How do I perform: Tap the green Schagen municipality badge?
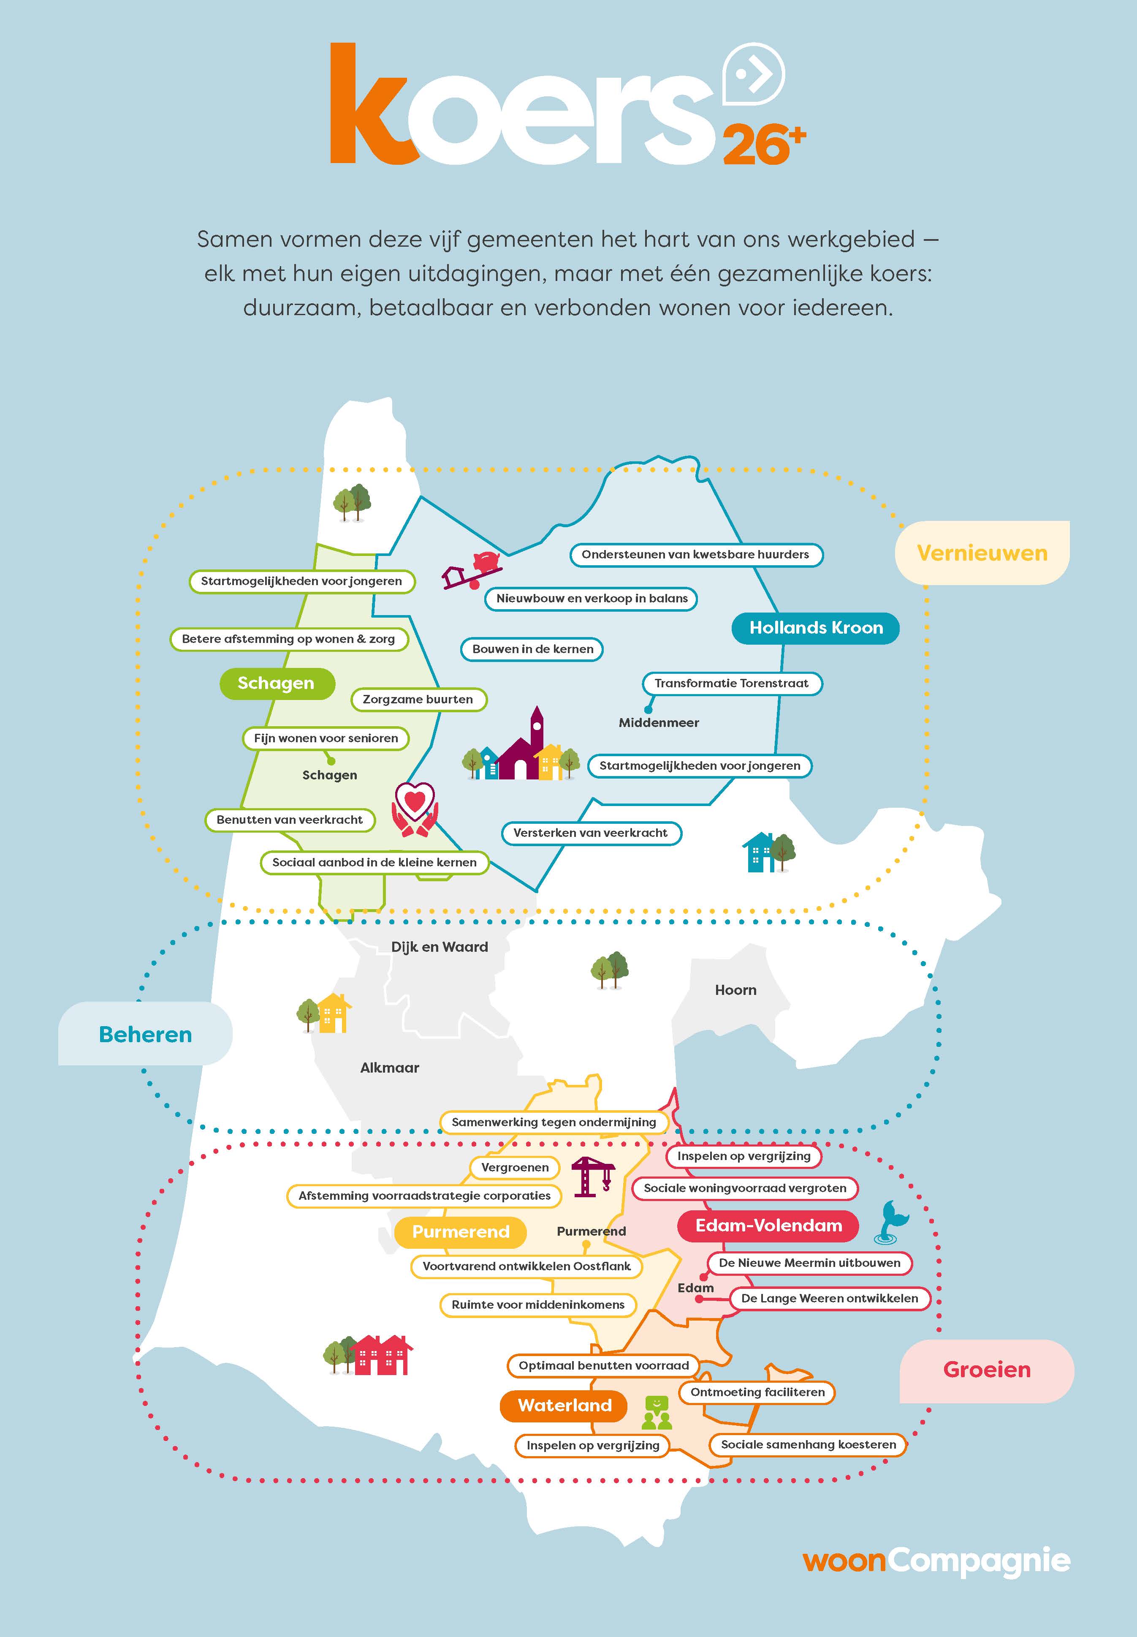pyautogui.click(x=277, y=684)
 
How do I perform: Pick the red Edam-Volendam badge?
pyautogui.click(x=768, y=1226)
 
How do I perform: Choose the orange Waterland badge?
pyautogui.click(x=564, y=1405)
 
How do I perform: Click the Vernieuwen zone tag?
pyautogui.click(x=982, y=553)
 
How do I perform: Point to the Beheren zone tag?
pyautogui.click(x=145, y=1034)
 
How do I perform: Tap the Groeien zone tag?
pyautogui.click(x=987, y=1370)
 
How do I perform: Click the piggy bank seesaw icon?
pyautogui.click(x=473, y=569)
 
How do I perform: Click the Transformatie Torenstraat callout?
pyautogui.click(x=732, y=684)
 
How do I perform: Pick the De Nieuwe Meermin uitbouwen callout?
pyautogui.click(x=809, y=1263)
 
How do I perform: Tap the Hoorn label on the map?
pyautogui.click(x=735, y=990)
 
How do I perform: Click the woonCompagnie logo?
pyautogui.click(x=936, y=1560)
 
